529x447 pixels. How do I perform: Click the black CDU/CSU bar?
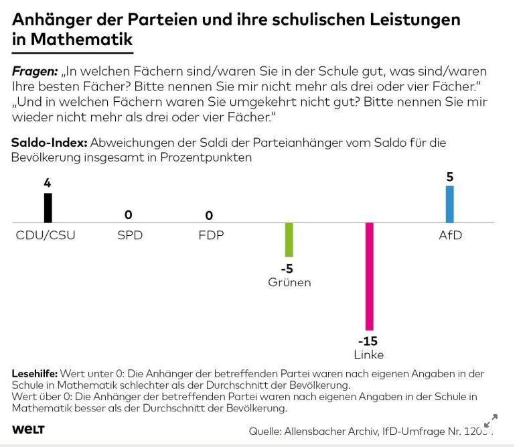pos(48,208)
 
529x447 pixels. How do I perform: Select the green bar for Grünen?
pos(289,239)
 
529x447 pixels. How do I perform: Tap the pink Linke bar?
pos(369,275)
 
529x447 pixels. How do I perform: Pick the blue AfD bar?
pos(450,204)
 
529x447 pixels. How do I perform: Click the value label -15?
pos(368,340)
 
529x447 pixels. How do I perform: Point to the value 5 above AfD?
pos(450,177)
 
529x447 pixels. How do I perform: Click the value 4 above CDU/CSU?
pos(48,183)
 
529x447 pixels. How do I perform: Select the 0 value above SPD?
pos(129,215)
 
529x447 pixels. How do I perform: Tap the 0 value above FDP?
pos(209,215)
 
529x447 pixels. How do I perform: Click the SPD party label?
pos(130,235)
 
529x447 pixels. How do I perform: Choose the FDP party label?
pos(210,235)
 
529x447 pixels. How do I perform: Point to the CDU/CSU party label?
pos(46,235)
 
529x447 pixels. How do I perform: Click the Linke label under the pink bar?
pos(369,355)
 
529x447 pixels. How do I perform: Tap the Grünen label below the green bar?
pos(289,282)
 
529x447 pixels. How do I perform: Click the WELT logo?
pos(28,430)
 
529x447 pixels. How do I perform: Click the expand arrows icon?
pos(491,421)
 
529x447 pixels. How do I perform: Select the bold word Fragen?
pos(35,71)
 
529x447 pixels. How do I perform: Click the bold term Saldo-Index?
pos(49,143)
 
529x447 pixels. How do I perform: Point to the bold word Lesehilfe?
pos(35,373)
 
